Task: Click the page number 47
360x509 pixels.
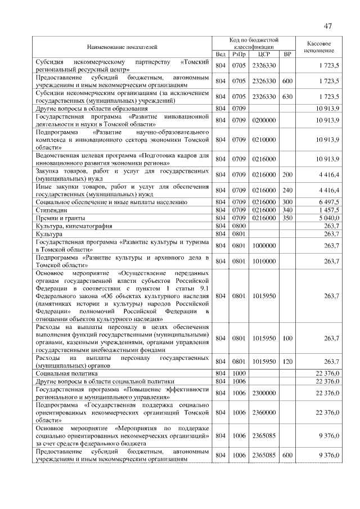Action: point(327,26)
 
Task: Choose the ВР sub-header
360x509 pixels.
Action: point(287,54)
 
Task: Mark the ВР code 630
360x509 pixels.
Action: point(287,97)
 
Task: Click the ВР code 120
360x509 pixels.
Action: point(287,361)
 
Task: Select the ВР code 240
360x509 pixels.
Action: point(287,190)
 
